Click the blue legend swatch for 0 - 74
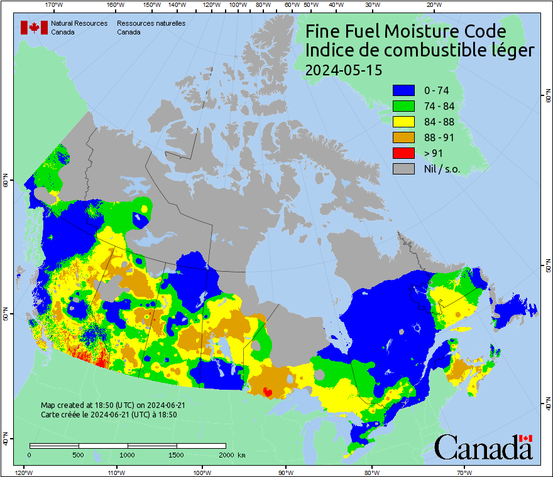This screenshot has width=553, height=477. pyautogui.click(x=403, y=90)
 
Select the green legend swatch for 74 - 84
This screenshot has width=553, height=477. pyautogui.click(x=403, y=106)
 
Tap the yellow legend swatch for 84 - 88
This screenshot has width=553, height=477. pyautogui.click(x=403, y=122)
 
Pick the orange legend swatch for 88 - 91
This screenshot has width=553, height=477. pyautogui.click(x=403, y=137)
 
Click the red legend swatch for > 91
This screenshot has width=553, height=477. pyautogui.click(x=403, y=153)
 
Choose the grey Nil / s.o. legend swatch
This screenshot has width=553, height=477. pyautogui.click(x=403, y=169)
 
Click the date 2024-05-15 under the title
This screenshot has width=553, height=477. pyautogui.click(x=343, y=70)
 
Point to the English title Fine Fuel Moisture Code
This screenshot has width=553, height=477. pyautogui.click(x=405, y=31)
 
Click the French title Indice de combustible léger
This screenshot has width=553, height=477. pyautogui.click(x=419, y=51)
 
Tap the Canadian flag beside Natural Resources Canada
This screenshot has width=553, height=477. pyautogui.click(x=34, y=28)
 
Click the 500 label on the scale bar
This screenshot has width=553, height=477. pyautogui.click(x=79, y=454)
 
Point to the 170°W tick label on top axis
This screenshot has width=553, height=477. pyautogui.click(x=55, y=5)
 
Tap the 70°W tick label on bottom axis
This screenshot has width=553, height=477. pyautogui.click(x=465, y=472)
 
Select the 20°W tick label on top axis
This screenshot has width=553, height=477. pyautogui.click(x=432, y=5)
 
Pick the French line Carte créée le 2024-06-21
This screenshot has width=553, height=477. pyautogui.click(x=109, y=415)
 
